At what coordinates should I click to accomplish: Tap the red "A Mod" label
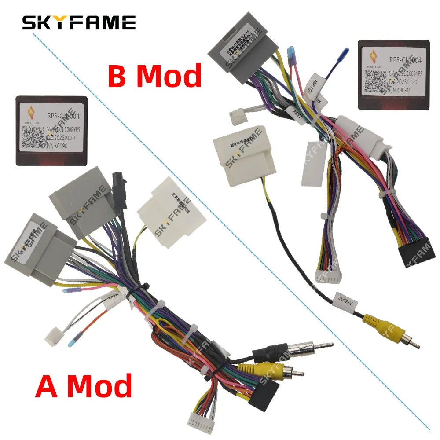coord(84,386)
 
